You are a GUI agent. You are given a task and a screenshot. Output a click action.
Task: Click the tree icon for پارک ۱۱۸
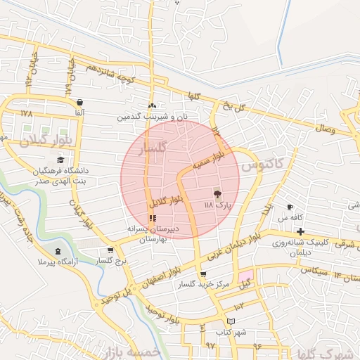(217, 194)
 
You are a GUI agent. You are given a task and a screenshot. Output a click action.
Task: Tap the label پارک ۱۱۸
(217, 205)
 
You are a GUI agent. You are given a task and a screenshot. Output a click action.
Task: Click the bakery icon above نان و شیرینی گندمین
(153, 106)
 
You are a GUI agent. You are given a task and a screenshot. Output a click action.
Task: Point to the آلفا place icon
(79, 103)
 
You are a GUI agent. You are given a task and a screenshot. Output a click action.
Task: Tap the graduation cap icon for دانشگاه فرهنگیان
(60, 160)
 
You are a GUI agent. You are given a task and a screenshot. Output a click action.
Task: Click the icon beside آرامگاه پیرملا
(58, 252)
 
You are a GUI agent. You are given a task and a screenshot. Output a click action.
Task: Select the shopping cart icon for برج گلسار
(110, 251)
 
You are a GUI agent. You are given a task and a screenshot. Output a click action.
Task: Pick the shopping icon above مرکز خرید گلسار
(203, 274)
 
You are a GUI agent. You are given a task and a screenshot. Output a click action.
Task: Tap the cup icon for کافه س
(290, 207)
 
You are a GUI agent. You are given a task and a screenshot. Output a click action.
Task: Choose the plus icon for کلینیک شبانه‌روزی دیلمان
(300, 231)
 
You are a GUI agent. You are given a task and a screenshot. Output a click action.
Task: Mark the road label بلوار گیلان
(46, 138)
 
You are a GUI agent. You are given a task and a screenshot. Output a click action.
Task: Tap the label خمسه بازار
(132, 351)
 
